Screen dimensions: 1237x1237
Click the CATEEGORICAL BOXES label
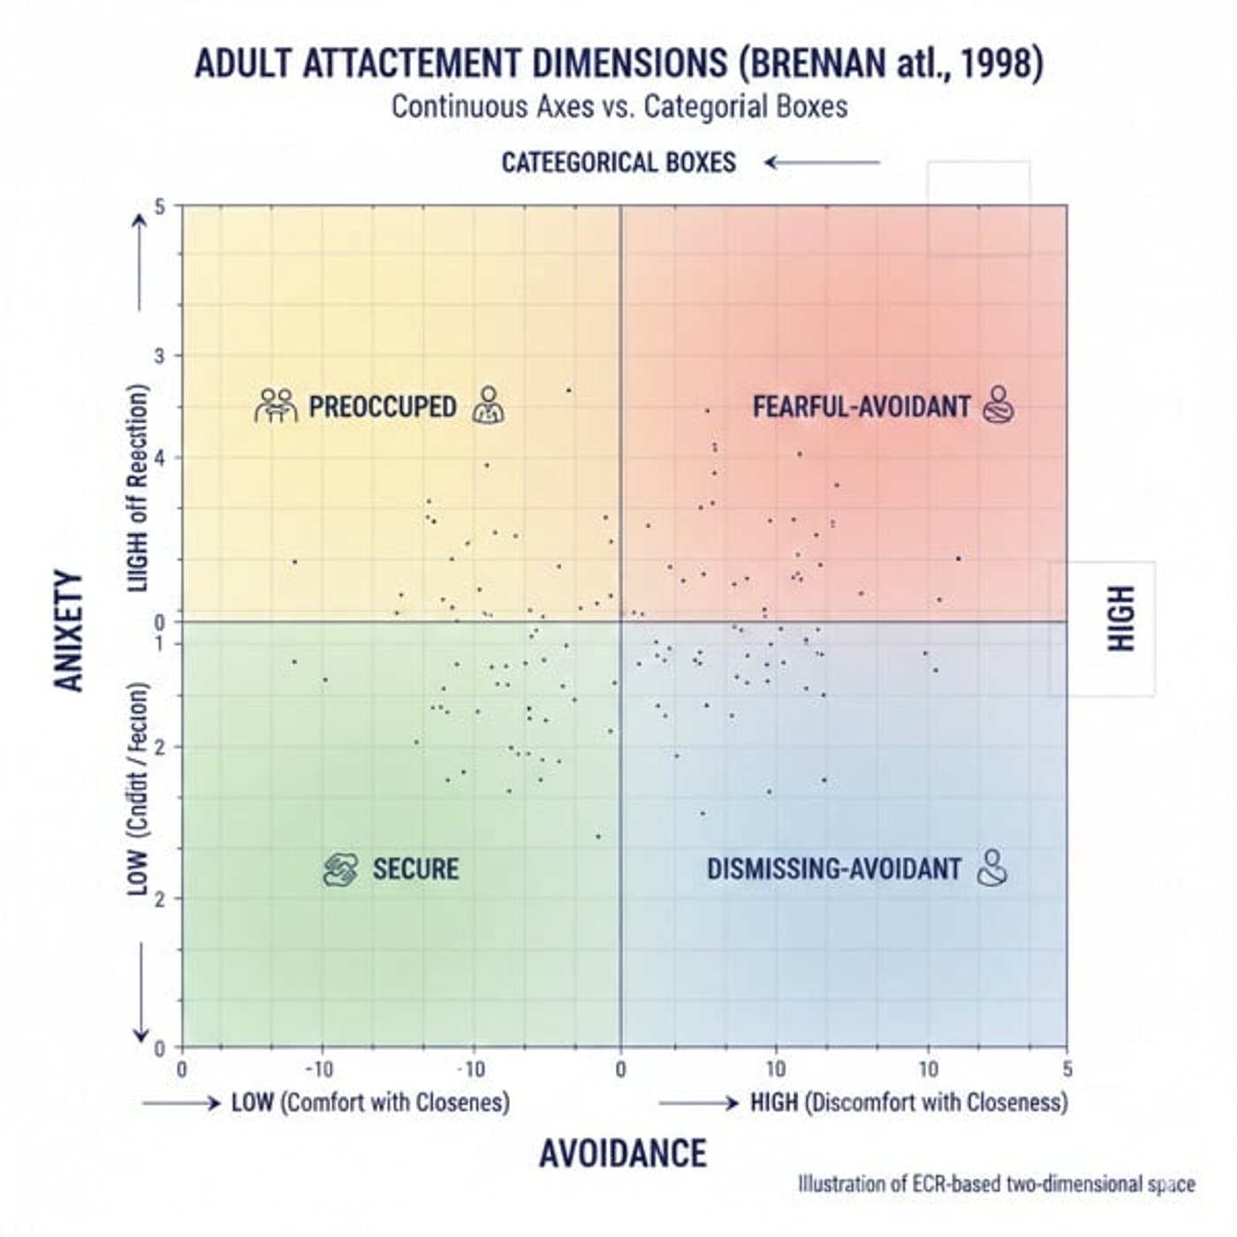618,163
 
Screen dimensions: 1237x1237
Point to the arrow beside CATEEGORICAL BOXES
823,163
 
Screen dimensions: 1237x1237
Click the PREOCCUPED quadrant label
383,406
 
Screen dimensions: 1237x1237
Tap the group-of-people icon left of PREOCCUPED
276,406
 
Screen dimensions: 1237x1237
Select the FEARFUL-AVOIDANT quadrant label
861,406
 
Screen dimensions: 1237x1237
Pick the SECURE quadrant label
415,869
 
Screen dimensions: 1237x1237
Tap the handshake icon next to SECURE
340,869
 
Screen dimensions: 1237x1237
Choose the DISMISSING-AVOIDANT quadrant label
833,869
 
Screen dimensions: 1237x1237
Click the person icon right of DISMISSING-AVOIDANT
993,868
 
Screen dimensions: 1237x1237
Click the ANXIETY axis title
68,631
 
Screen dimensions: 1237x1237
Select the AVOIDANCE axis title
623,1154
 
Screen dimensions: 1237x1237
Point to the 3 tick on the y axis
160,356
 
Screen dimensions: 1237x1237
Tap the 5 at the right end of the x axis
1067,1070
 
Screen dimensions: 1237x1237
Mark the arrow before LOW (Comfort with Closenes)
180,1104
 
